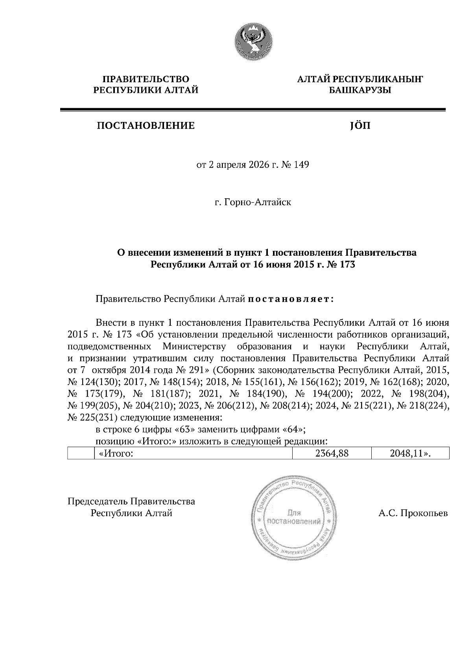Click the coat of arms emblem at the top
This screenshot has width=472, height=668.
253,41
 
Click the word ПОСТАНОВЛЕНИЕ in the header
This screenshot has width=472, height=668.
146,126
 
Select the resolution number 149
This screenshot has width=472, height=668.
302,164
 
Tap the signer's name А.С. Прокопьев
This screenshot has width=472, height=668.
413,513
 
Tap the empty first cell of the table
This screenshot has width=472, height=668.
81,453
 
